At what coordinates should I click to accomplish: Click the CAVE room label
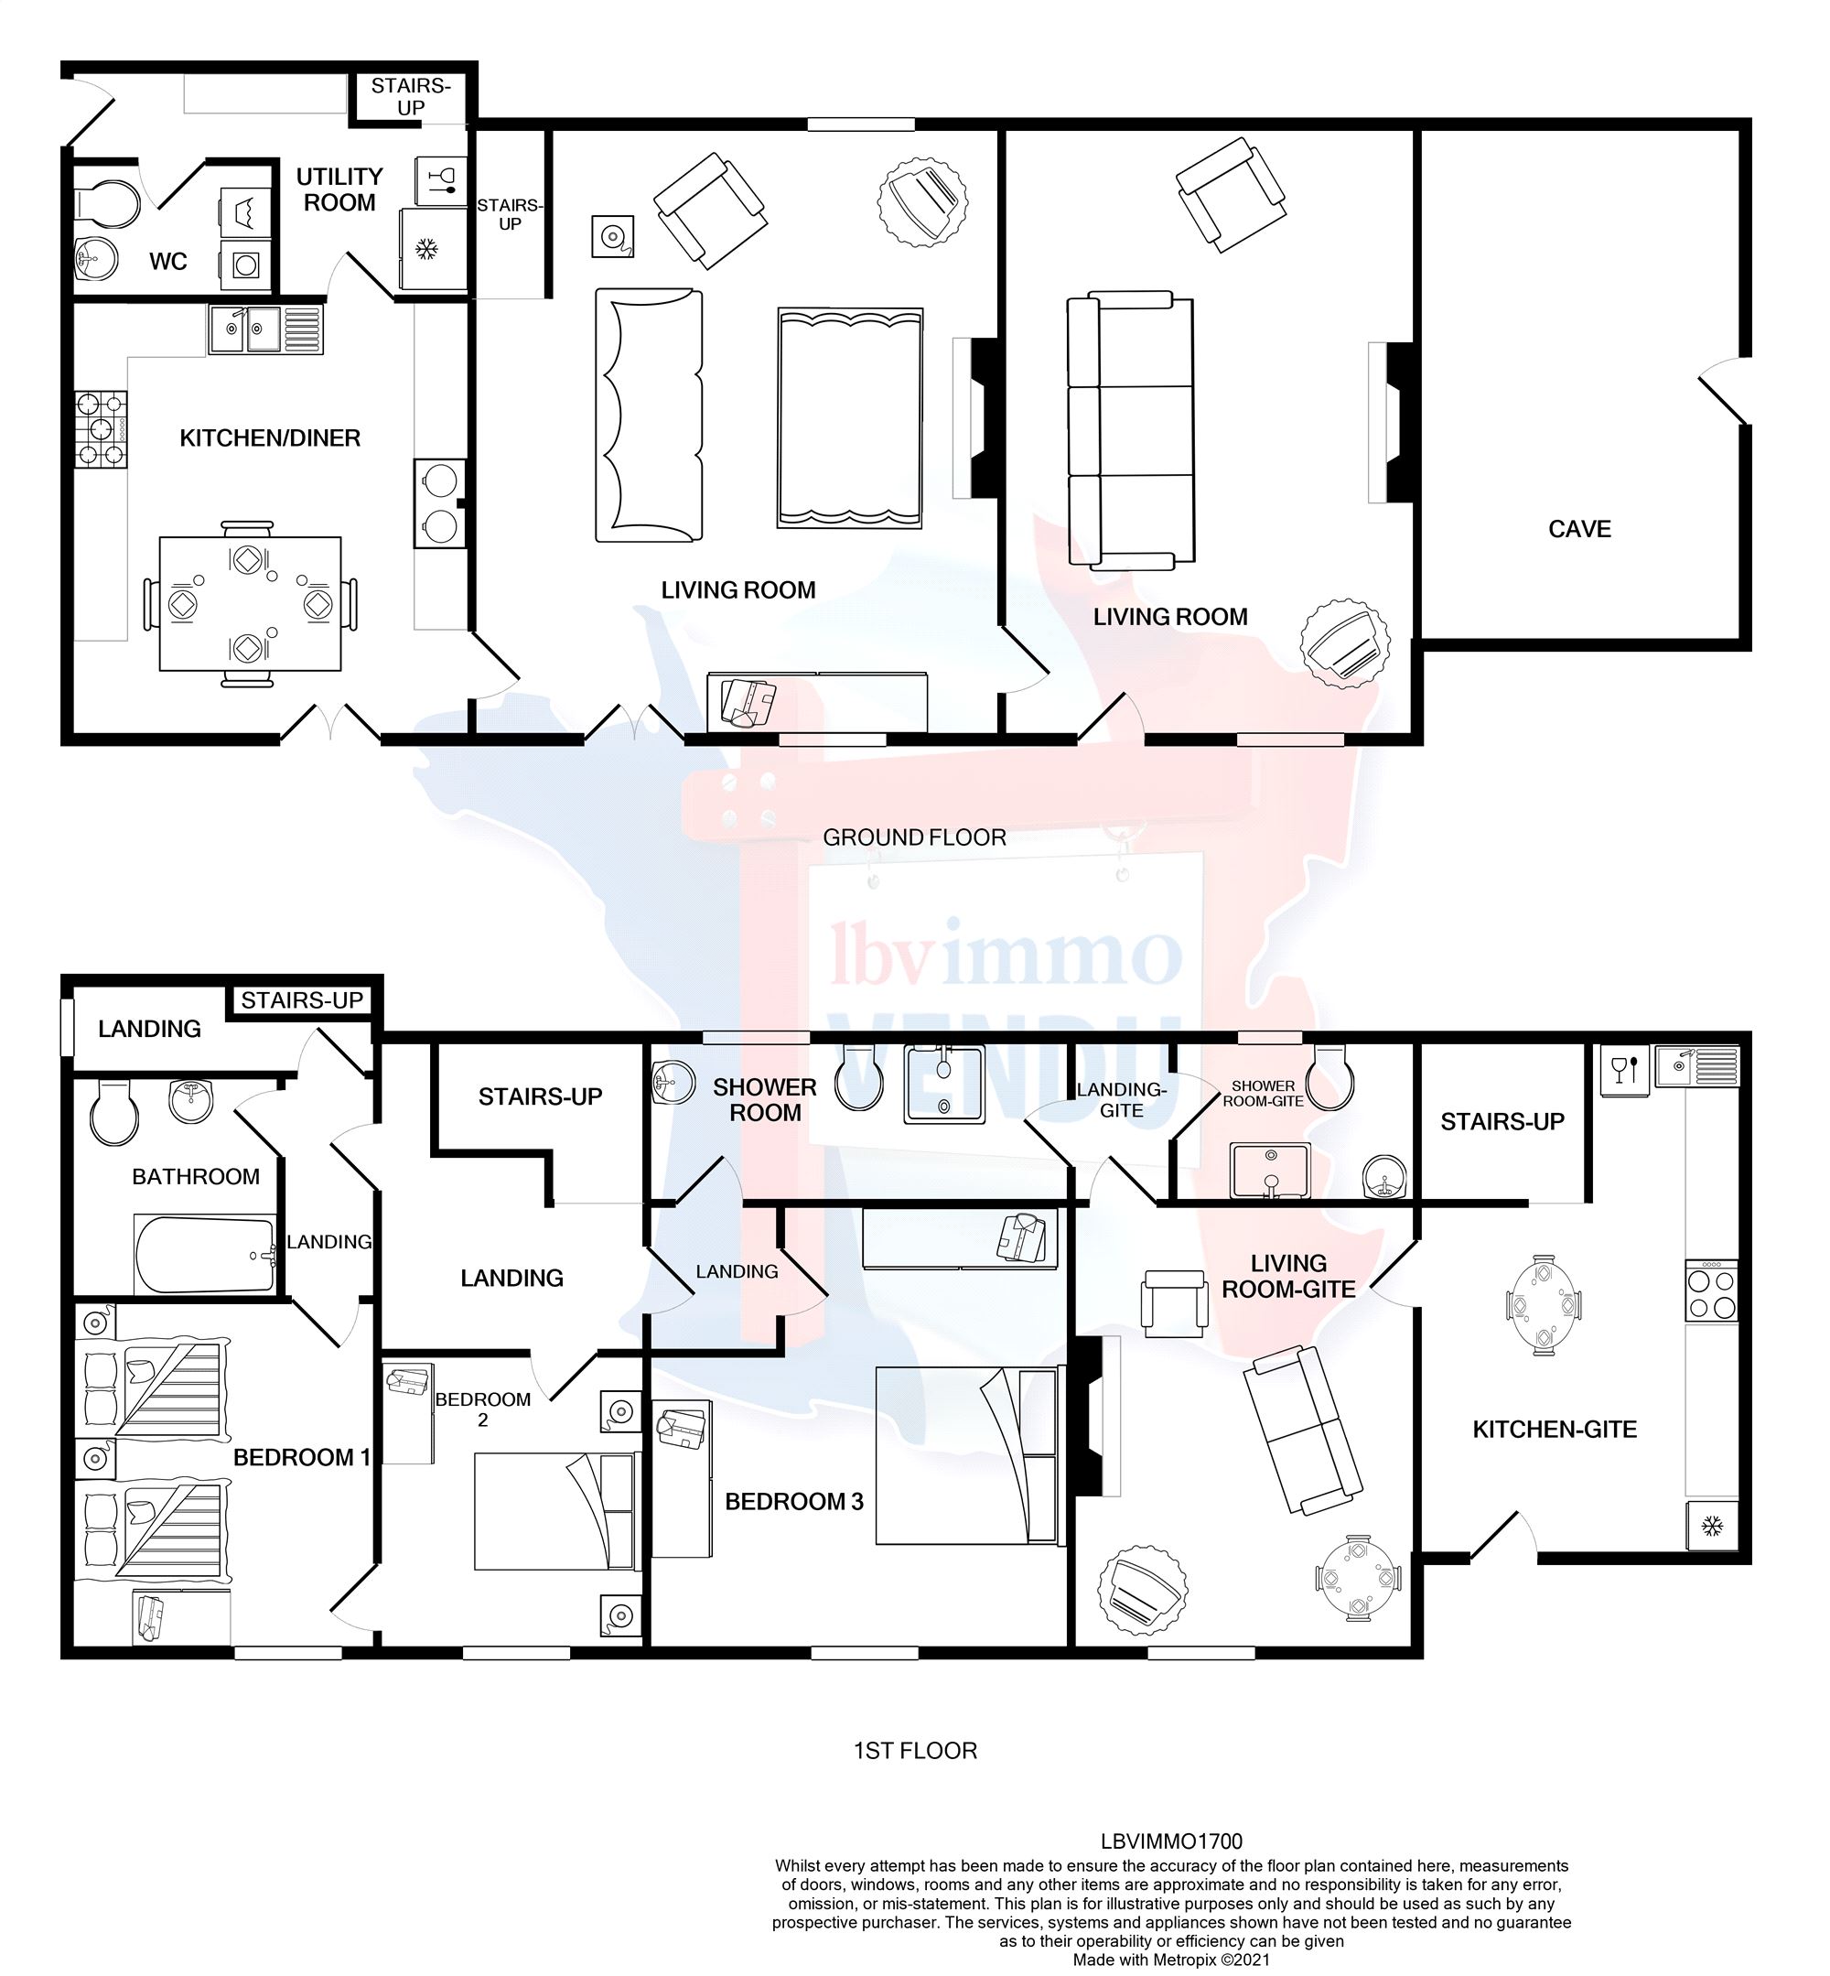point(1578,529)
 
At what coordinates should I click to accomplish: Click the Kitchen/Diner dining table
point(251,603)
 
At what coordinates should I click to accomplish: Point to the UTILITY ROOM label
point(339,189)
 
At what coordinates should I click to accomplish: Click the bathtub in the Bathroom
point(205,1254)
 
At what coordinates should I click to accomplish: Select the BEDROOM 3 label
point(793,1502)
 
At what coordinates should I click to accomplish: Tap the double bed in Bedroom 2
point(553,1510)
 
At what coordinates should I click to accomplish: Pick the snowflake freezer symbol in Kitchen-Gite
point(1711,1527)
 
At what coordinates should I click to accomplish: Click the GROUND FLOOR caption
point(914,837)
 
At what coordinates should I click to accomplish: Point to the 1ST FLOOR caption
point(915,1750)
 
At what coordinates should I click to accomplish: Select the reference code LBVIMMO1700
point(1170,1841)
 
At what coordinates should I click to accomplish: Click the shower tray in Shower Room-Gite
point(1271,1170)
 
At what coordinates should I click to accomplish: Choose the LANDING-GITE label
point(1121,1099)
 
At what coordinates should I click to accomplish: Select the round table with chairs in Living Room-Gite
point(1358,1577)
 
